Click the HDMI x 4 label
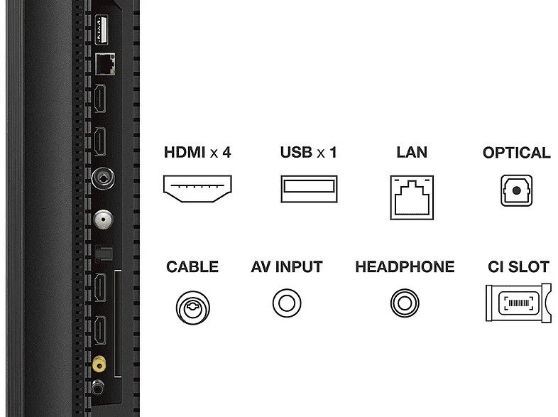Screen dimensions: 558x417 coord(197,153)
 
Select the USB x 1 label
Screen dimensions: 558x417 coord(308,153)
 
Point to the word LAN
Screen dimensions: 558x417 coord(412,153)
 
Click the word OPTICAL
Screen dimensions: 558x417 coord(516,153)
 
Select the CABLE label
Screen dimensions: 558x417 coord(192,266)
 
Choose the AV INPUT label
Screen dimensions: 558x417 coord(287,266)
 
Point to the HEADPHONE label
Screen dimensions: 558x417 coord(405,266)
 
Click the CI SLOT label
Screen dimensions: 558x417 coord(518,266)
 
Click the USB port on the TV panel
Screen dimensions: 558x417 coord(102,30)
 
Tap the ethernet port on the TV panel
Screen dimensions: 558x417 coord(105,64)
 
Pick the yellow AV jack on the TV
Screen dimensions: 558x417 coord(99,364)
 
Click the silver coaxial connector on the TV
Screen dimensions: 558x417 coord(103,220)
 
